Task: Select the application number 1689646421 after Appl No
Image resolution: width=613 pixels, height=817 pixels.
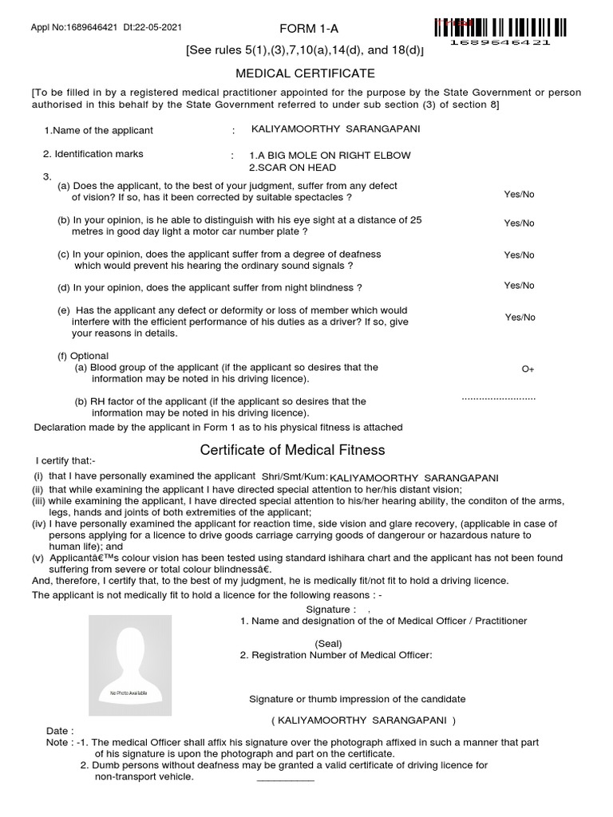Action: point(89,28)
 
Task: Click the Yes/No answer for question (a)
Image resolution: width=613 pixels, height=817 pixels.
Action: point(519,194)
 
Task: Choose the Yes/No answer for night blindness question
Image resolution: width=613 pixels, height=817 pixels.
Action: point(519,286)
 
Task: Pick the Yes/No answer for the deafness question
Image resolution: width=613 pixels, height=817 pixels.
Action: point(519,255)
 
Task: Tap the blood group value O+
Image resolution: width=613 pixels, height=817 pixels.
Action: point(528,369)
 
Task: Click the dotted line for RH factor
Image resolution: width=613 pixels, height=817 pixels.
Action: point(499,397)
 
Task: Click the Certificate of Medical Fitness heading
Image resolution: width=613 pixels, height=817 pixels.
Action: point(292,450)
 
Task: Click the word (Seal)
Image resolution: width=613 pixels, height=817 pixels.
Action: point(328,643)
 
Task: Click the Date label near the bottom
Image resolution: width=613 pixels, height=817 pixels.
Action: point(60,731)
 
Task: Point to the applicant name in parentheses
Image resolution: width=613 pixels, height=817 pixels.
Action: point(363,720)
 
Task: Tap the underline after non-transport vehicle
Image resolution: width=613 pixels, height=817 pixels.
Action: point(285,780)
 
